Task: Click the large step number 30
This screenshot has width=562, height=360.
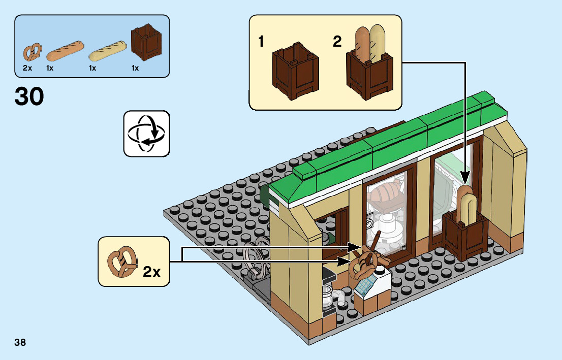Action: pos(29,96)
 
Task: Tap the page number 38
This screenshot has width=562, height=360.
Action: pos(20,342)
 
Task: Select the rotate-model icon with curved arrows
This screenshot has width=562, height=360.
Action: pos(146,133)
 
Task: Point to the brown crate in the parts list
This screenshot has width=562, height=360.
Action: pos(146,42)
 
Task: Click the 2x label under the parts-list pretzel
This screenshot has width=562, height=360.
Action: pos(27,68)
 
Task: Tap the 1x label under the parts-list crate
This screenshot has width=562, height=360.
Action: pos(135,68)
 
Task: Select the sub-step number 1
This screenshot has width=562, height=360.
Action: pos(261,42)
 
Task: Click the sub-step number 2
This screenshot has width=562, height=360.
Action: pos(337,42)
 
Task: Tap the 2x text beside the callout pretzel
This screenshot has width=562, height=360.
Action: pos(151,272)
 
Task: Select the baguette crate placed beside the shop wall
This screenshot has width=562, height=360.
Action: pos(465,231)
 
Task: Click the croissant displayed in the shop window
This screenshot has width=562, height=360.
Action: pos(386,194)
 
